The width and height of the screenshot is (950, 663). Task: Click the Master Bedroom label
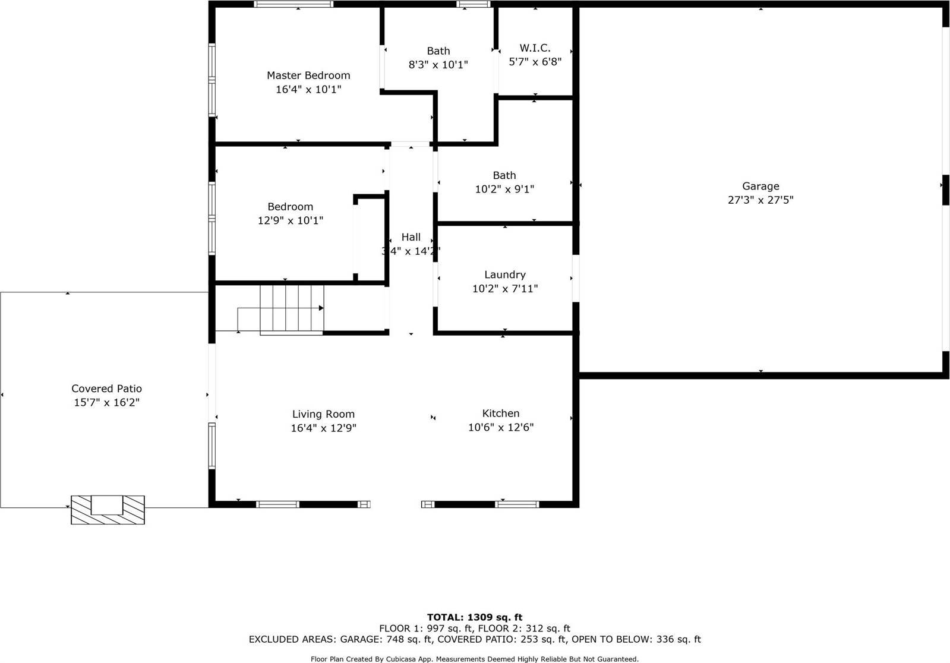pyautogui.click(x=308, y=75)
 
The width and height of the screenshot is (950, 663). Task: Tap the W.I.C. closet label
pyautogui.click(x=535, y=48)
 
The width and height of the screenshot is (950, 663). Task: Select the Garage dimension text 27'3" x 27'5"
pyautogui.click(x=760, y=200)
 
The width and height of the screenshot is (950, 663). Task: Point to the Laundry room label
pyautogui.click(x=504, y=274)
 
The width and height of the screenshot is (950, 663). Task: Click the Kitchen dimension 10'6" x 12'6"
pyautogui.click(x=501, y=428)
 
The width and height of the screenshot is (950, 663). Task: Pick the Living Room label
pyautogui.click(x=323, y=414)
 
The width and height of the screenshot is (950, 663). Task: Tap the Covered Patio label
pyautogui.click(x=106, y=389)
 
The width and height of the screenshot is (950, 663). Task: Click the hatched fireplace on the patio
pyautogui.click(x=108, y=510)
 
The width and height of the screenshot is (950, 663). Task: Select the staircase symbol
pyautogui.click(x=291, y=308)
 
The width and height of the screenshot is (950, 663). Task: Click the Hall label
pyautogui.click(x=411, y=237)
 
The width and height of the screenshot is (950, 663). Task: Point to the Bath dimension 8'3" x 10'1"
pyautogui.click(x=438, y=65)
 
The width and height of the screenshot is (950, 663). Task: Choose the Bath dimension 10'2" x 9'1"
pyautogui.click(x=504, y=190)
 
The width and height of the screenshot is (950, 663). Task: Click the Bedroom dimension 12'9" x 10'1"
pyautogui.click(x=290, y=220)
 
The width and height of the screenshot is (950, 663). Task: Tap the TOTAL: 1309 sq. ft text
pyautogui.click(x=474, y=617)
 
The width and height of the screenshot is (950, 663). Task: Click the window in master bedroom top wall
pyautogui.click(x=293, y=4)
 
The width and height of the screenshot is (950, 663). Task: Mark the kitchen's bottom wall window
pyautogui.click(x=517, y=504)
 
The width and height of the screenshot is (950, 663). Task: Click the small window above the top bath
pyautogui.click(x=474, y=4)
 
